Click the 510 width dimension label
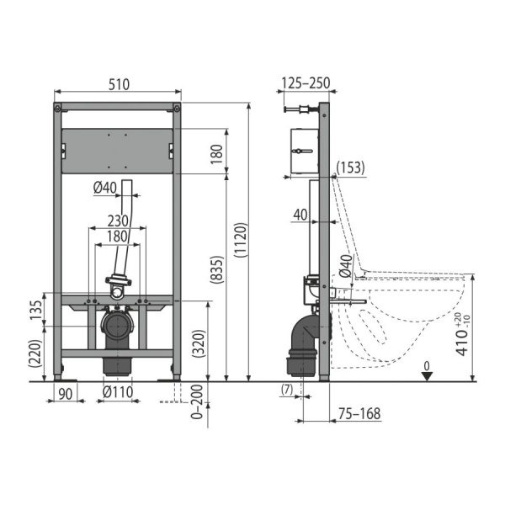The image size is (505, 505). pyautogui.click(x=119, y=84)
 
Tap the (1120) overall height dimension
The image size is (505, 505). pyautogui.click(x=241, y=240)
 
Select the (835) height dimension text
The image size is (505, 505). pyautogui.click(x=217, y=269)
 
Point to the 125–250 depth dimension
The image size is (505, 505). pyautogui.click(x=306, y=82)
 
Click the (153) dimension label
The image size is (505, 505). pyautogui.click(x=350, y=167)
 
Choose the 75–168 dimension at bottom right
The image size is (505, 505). pyautogui.click(x=359, y=413)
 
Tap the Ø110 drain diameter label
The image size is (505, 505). pyautogui.click(x=118, y=392)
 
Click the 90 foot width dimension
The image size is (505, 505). pyautogui.click(x=66, y=393)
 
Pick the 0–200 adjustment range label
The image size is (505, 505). pyautogui.click(x=197, y=401)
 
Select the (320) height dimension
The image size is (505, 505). pyautogui.click(x=199, y=343)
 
